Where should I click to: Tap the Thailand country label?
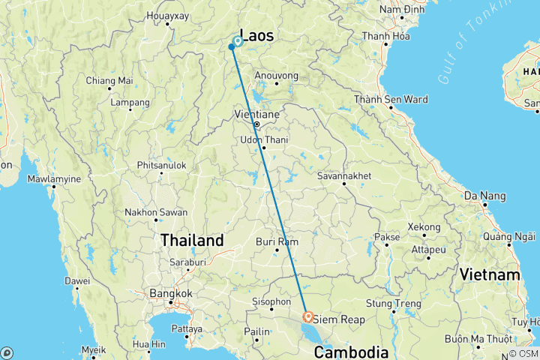(191, 241)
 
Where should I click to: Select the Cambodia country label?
(351, 352)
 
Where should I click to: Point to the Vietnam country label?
(490, 274)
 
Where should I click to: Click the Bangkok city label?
(170, 293)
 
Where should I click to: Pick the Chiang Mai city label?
(109, 80)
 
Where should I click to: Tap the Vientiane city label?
(258, 114)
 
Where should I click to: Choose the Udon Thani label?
(263, 139)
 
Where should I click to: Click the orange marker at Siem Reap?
(308, 317)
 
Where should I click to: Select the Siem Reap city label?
(339, 319)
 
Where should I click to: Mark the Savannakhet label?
(345, 176)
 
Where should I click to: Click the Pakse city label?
(387, 236)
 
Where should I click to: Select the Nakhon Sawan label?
(157, 212)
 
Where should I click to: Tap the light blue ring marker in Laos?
(238, 42)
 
